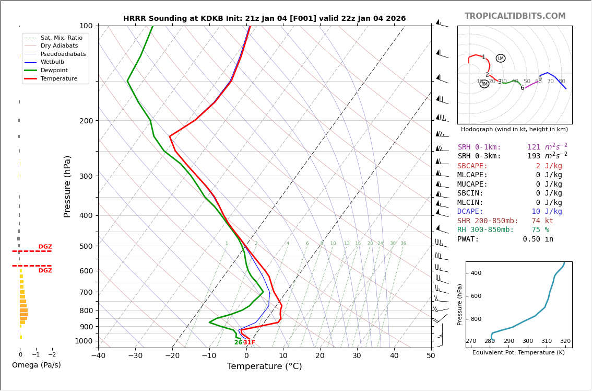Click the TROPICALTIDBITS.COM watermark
pos(515,16)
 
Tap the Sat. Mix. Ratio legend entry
pos(61,38)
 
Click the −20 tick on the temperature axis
pos(172,355)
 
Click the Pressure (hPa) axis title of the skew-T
pos(67,186)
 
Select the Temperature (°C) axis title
pos(264,366)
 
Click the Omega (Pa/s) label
pos(37,365)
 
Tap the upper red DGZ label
pos(45,247)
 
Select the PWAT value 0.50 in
pos(538,239)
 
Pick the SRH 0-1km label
pos(479,147)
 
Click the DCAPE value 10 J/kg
pos(547,212)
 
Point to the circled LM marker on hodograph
pos(501,59)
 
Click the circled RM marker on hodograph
pos(484,84)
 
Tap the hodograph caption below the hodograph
pos(514,129)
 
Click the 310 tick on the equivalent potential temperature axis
pos(547,341)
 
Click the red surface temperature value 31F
pos(249,342)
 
